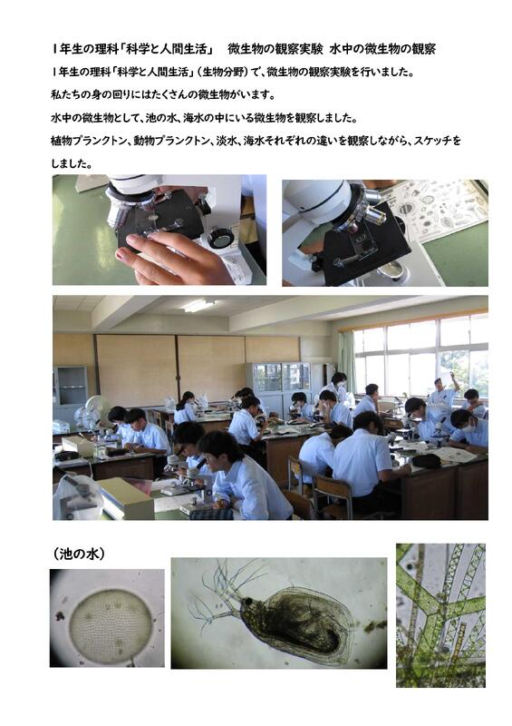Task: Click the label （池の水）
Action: (78, 554)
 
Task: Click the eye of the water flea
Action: (248, 601)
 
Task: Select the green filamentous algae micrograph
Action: (440, 615)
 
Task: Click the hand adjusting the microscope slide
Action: (176, 258)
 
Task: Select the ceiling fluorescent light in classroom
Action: (198, 305)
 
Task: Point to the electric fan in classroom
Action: (96, 409)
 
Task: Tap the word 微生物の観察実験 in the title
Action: (275, 49)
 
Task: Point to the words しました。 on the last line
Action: (72, 163)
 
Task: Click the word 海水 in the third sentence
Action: (193, 118)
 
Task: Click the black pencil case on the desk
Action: (426, 460)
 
